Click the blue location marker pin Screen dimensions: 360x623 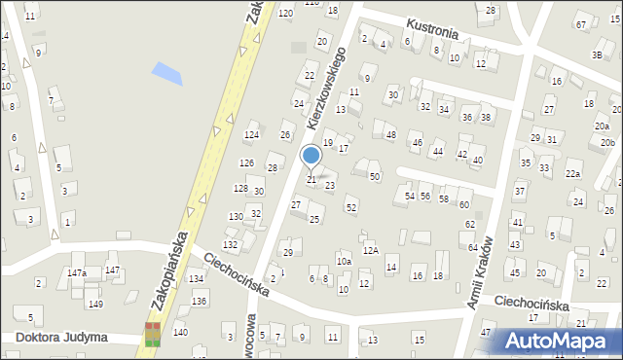click(311, 156)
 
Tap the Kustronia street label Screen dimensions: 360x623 click(431, 28)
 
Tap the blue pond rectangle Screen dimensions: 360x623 click(166, 72)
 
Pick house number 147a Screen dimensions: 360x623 click(77, 273)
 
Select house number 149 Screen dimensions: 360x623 click(95, 305)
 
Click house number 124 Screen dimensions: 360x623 click(251, 134)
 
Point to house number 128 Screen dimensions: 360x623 click(240, 188)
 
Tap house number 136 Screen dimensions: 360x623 click(200, 301)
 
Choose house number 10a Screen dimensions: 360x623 click(344, 261)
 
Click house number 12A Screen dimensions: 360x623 click(370, 250)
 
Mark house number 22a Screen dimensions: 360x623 click(573, 174)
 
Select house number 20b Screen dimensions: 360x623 click(607, 143)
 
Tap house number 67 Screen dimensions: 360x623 click(581, 24)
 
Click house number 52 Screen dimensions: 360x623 click(351, 208)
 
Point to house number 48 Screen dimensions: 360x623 click(390, 134)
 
